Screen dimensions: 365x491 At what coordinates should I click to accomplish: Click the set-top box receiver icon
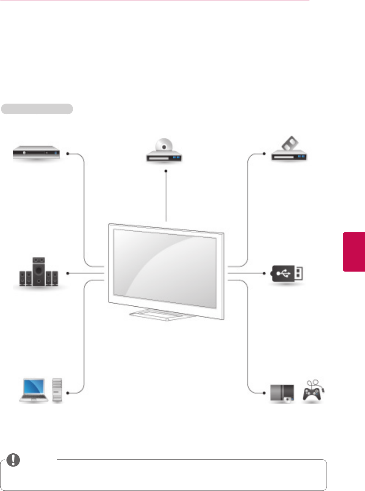[37, 154]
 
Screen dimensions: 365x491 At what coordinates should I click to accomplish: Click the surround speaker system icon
[38, 273]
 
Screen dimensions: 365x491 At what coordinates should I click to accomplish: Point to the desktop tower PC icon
[57, 390]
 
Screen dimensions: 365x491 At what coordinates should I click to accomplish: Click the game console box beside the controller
[282, 393]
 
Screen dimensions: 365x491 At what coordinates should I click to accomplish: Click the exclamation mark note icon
[13, 460]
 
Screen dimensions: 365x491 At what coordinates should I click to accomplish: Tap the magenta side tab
[354, 251]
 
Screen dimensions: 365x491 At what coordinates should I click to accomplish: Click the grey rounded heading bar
[37, 109]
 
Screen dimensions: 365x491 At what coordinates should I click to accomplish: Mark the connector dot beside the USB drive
[264, 273]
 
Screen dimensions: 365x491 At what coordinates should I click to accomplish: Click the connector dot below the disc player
[166, 171]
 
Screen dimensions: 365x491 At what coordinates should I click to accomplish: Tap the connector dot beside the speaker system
[68, 273]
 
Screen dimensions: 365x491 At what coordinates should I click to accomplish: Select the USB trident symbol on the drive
[283, 273]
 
